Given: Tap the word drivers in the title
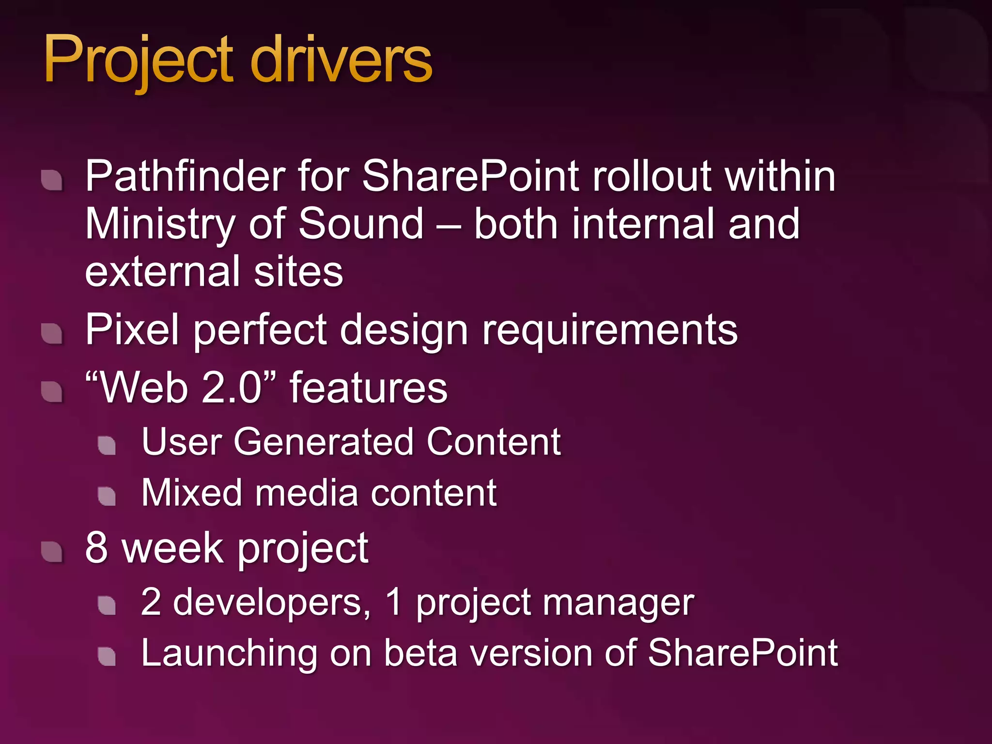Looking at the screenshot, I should (x=341, y=61).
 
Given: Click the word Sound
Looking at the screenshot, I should (x=361, y=224).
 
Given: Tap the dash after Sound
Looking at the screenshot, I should (x=449, y=225).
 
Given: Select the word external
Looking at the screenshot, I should (x=163, y=271).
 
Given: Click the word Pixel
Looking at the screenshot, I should (x=132, y=329).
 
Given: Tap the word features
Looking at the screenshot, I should (x=369, y=387).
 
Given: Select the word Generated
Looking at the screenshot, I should (x=324, y=442).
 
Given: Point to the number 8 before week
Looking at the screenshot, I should (x=96, y=548).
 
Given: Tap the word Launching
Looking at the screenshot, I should (x=229, y=653).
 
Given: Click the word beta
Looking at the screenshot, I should (x=420, y=653).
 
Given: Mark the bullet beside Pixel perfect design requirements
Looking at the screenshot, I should (x=52, y=333).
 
